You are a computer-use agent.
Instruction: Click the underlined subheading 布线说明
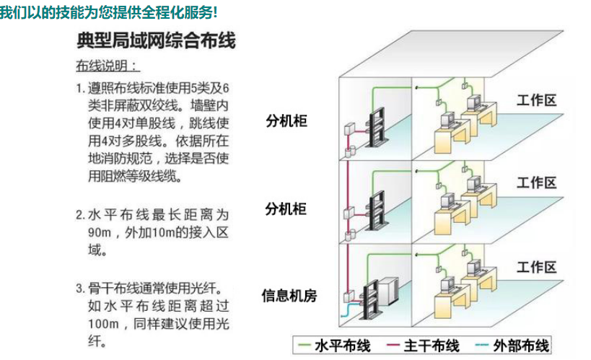point(108,66)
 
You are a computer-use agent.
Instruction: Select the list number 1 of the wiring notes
point(80,88)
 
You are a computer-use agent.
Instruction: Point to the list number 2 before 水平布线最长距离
point(80,215)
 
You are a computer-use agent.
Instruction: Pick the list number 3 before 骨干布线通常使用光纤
point(80,289)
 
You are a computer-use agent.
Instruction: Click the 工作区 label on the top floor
point(536,100)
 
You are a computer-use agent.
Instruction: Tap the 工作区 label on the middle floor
point(536,182)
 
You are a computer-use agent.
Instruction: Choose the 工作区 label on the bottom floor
point(536,268)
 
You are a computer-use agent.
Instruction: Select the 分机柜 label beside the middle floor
point(286,209)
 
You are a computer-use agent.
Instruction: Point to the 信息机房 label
point(289,295)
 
